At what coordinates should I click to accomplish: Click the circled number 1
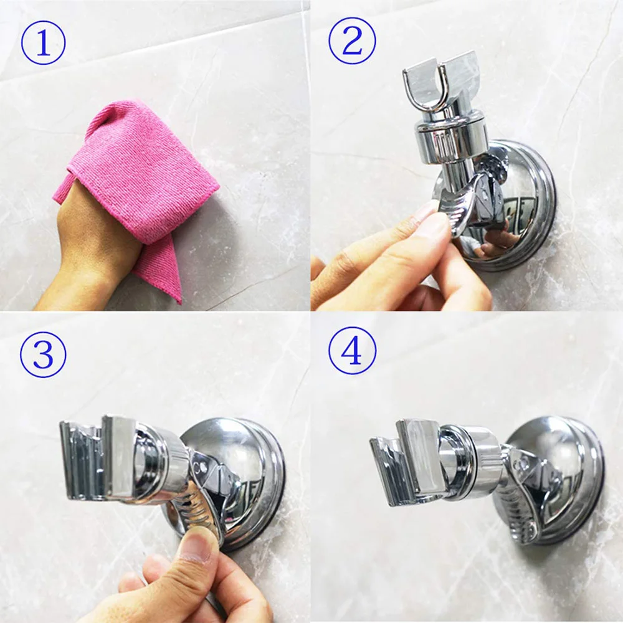[x=44, y=42]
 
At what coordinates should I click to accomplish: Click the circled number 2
[x=352, y=41]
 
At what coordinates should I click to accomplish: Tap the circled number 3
[x=43, y=354]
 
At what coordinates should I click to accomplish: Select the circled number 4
[x=352, y=350]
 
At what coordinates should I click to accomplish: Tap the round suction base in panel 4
[x=556, y=477]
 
